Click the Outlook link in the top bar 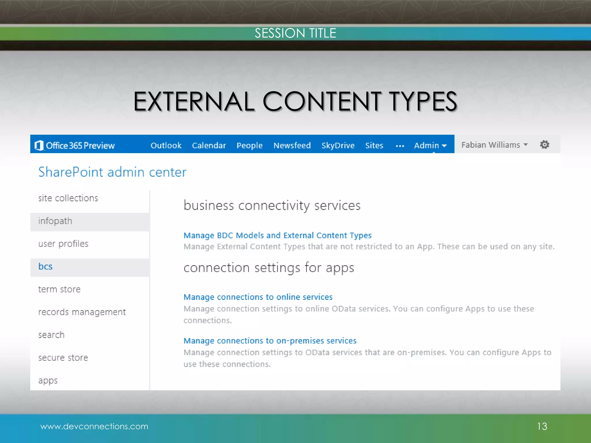166,145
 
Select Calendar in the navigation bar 209,145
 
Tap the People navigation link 249,145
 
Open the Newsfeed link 292,145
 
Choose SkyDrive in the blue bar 338,145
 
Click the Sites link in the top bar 374,145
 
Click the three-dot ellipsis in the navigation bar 400,146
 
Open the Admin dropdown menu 430,145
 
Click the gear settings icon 545,144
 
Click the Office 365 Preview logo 75,145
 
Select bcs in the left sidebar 45,266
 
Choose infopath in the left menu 55,221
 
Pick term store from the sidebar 59,289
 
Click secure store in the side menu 63,358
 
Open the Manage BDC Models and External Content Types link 277,235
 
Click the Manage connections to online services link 258,297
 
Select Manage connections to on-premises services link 270,341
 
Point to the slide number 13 542,426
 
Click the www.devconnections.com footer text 94,426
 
